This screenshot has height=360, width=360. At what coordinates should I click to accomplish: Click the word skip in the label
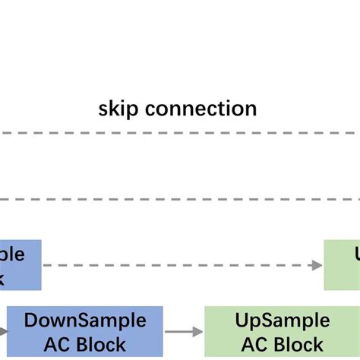118,109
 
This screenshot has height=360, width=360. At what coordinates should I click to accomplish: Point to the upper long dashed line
180,134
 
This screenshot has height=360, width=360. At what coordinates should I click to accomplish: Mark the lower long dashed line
180,199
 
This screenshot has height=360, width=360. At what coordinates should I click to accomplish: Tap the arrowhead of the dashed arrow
317,265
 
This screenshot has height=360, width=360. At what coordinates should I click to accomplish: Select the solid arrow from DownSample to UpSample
182,331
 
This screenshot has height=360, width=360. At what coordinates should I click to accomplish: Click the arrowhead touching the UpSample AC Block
199,331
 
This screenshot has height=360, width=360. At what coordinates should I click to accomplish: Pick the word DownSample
85,321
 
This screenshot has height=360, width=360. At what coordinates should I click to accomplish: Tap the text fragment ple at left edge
12,254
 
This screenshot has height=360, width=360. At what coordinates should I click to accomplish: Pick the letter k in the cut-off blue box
3,277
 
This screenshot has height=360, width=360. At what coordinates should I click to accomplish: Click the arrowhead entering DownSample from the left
4,332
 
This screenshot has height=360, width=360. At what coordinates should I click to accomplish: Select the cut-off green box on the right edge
342,265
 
